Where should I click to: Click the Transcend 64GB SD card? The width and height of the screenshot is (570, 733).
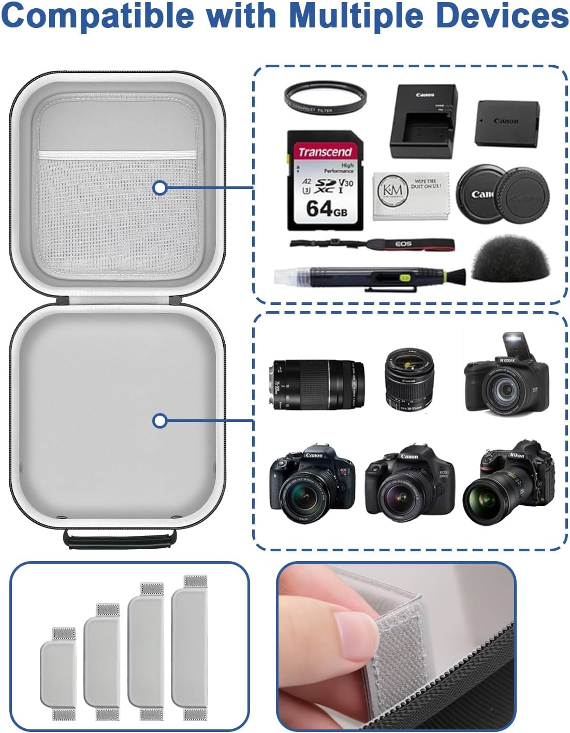[x=325, y=180]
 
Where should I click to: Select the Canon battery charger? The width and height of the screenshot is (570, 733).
[x=423, y=122]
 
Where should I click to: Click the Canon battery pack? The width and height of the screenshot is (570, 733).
[x=507, y=123]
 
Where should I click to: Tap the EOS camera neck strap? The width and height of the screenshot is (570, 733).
[x=373, y=244]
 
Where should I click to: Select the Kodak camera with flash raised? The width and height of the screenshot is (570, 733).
[x=505, y=377]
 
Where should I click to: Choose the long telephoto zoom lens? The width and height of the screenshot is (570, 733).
[x=316, y=384]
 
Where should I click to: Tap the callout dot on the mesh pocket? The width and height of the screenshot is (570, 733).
[x=160, y=187]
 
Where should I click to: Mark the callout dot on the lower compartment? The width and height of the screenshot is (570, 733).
[x=160, y=421]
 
